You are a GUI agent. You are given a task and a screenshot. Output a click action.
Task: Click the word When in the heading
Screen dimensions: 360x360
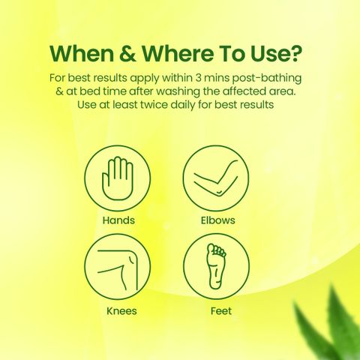[x=82, y=53]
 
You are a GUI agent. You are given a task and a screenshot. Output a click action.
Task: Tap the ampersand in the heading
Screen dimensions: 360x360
[x=127, y=54]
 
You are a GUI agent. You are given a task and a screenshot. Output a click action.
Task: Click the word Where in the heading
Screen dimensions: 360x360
[x=178, y=53]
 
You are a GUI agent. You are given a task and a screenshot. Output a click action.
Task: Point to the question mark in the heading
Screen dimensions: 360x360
[x=295, y=53]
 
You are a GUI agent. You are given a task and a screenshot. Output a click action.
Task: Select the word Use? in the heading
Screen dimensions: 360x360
[x=277, y=53]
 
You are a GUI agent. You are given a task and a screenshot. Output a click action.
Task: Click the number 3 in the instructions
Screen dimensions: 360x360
[x=198, y=78]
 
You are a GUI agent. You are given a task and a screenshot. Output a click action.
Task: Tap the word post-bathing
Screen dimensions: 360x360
[x=267, y=79]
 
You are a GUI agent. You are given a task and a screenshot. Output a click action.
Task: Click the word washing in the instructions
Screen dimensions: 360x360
[x=178, y=92]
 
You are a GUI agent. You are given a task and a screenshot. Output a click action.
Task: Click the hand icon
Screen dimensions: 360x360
[x=118, y=178]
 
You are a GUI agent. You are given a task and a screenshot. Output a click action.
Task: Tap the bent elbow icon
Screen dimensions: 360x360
[x=216, y=178]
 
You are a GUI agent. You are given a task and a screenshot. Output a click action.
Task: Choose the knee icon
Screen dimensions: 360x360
[x=118, y=269]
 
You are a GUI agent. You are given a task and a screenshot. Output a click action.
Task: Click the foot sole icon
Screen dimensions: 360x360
[x=216, y=266]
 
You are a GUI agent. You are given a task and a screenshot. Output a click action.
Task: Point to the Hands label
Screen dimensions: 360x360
[x=118, y=220]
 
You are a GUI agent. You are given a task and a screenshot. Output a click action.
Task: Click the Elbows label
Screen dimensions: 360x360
[x=218, y=220]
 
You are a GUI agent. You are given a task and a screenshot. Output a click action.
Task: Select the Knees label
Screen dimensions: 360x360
[x=121, y=311]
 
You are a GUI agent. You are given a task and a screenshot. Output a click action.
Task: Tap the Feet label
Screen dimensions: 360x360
[x=221, y=311]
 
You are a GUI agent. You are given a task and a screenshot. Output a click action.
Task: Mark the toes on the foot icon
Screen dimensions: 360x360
[x=218, y=250]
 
